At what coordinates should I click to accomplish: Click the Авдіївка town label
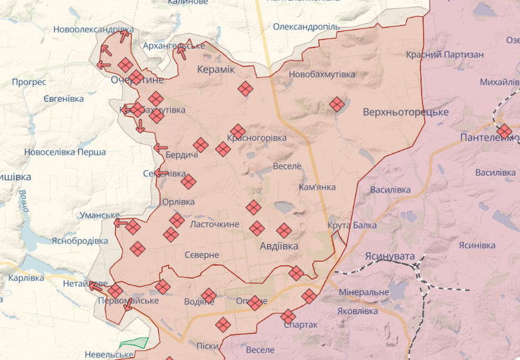pos(279,246)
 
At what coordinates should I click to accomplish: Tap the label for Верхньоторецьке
pos(405,112)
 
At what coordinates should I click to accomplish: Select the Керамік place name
pos(216,70)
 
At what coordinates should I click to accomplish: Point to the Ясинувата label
pos(390,257)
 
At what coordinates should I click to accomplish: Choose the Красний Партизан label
pos(445,55)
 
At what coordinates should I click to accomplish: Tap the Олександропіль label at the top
pos(306,27)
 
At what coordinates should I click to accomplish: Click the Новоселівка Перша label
pos(65,152)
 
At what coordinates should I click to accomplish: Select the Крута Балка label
pos(351,225)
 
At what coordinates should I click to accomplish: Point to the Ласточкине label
pos(216,225)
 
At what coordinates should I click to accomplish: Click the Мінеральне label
pos(363,292)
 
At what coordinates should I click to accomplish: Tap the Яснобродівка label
pos(79,240)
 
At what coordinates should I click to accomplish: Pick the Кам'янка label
pos(317,188)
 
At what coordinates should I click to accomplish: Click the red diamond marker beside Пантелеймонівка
pos(504,131)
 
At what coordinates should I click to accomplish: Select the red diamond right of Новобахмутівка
pos(337,105)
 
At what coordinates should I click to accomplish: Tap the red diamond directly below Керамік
pos(245,89)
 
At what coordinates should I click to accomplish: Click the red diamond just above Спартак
pos(288,316)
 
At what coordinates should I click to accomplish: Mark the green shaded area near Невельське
pos(135,344)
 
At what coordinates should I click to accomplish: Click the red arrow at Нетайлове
pos(93,285)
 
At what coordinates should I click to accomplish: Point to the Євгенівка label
pos(63,99)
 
